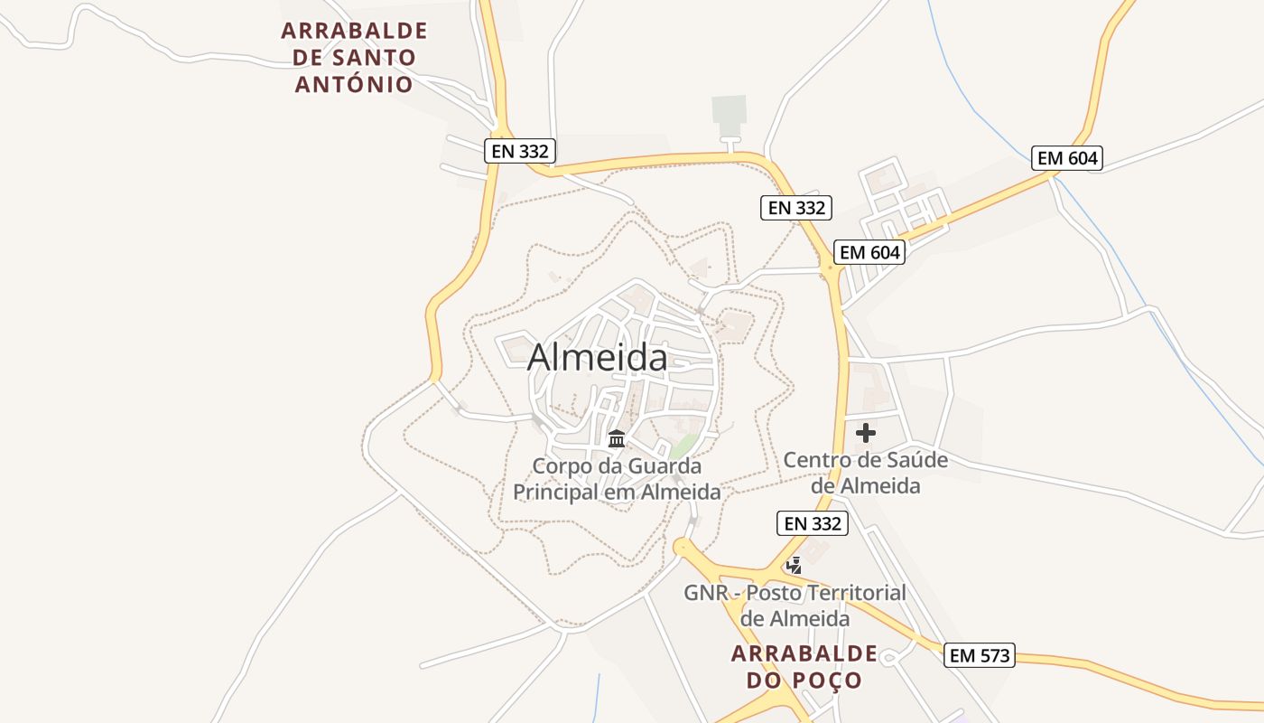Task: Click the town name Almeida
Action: pos(598,357)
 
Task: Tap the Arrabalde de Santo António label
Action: pos(354,57)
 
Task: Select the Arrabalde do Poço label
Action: pos(804,666)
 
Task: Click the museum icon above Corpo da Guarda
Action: pos(617,439)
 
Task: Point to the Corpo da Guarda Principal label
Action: pos(617,479)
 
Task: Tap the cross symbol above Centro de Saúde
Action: pos(865,433)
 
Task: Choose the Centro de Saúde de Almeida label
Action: pos(865,473)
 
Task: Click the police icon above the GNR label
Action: pos(795,566)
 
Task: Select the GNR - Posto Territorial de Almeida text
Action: pos(795,606)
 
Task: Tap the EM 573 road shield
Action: pos(981,655)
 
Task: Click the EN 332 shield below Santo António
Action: pos(519,151)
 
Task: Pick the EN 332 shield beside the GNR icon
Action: pos(813,523)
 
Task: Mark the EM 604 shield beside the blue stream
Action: pos(1068,158)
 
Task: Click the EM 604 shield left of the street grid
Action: pos(869,252)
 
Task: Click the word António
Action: pos(354,84)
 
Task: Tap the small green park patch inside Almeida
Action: pos(683,446)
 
